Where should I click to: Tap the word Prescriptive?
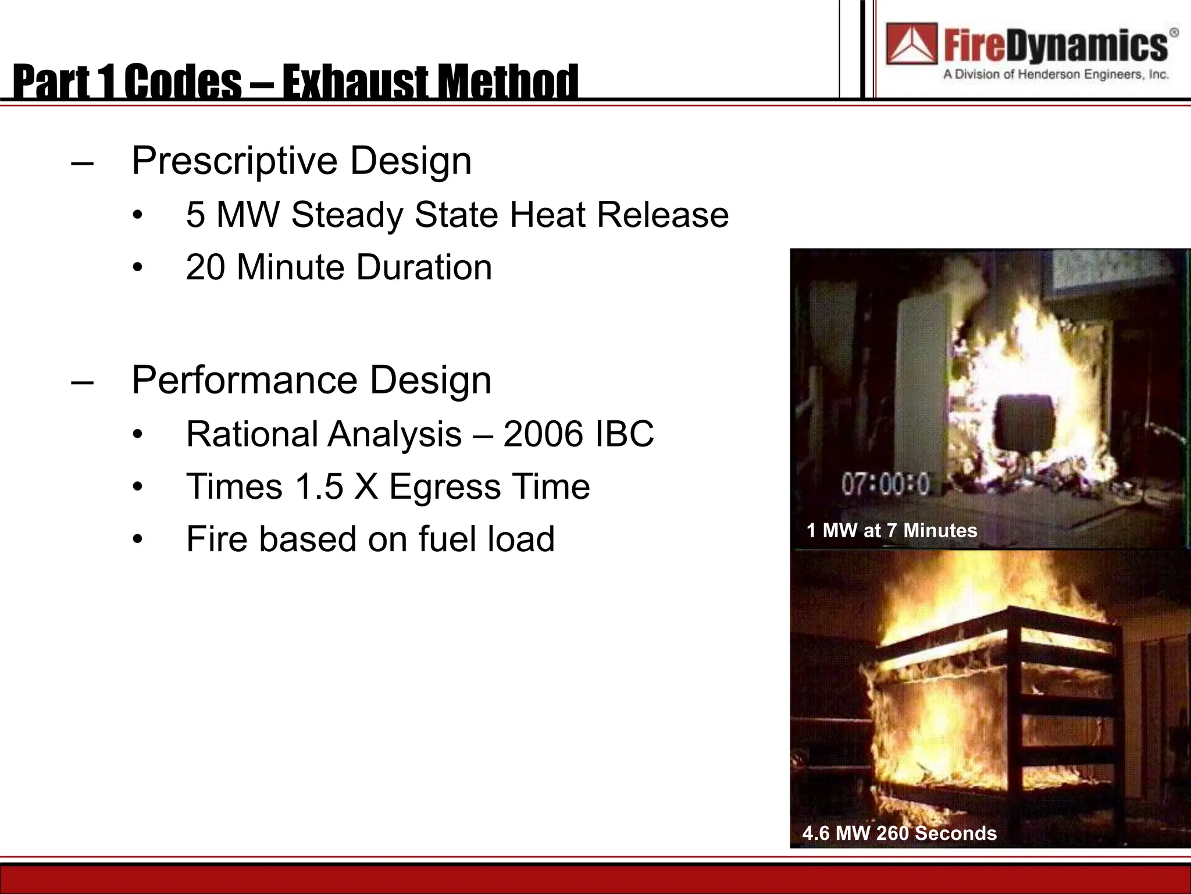[234, 161]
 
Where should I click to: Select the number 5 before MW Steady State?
[195, 214]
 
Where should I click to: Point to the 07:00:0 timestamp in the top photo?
[885, 484]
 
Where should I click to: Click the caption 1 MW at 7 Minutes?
[892, 530]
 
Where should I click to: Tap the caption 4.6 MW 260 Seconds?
[899, 833]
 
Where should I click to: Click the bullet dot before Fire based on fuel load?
[137, 539]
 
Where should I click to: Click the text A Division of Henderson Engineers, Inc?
[1056, 74]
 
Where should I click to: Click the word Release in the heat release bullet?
[662, 214]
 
